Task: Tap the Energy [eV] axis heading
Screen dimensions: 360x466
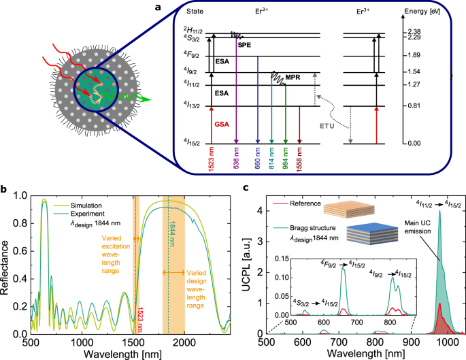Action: click(423, 11)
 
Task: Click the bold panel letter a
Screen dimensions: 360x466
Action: click(177, 7)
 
